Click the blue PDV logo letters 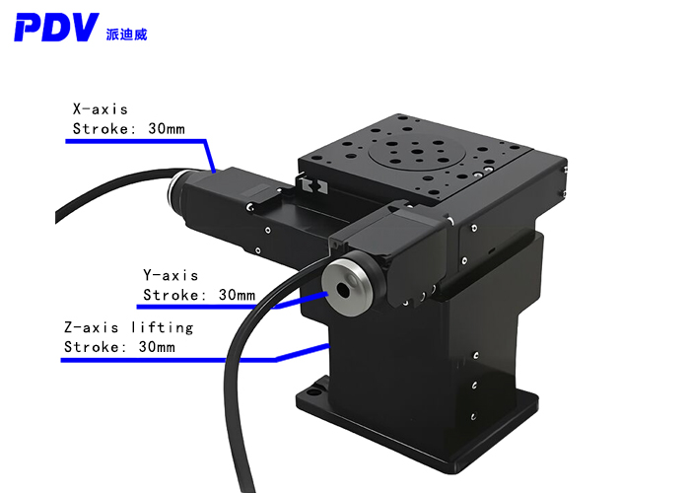56,28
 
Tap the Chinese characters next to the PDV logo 126,35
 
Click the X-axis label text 101,108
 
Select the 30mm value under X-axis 167,128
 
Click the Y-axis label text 171,275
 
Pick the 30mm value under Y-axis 237,295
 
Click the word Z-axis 91,327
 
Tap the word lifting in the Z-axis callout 163,328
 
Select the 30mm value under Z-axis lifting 157,347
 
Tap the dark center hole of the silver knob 343,289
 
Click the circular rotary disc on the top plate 411,151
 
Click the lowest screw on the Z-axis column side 474,415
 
